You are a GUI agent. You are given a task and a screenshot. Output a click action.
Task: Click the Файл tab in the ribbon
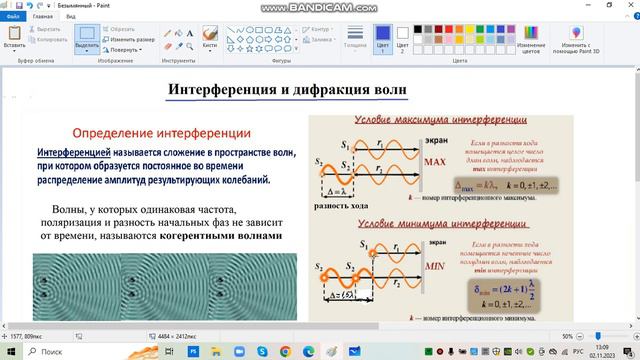tap(13, 17)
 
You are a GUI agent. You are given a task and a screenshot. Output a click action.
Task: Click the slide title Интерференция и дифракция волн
tap(287, 89)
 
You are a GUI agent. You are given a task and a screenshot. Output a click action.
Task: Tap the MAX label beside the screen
tap(434, 162)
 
